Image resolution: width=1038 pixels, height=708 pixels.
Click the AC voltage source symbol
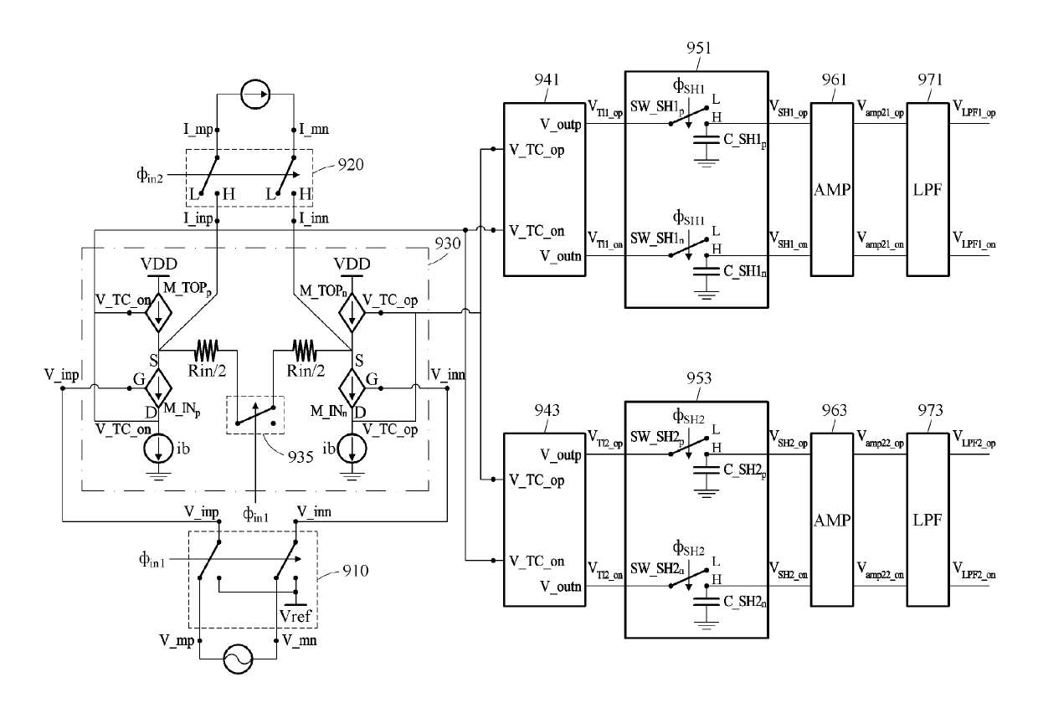(239, 659)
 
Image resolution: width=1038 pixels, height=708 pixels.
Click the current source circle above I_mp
(255, 95)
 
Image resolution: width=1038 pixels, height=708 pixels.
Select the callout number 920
(350, 165)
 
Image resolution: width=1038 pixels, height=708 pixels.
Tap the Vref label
(295, 616)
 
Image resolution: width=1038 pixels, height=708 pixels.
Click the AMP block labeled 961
(832, 189)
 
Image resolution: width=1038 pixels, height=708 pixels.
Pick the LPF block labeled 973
(928, 520)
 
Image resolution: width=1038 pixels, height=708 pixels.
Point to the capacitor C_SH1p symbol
(706, 140)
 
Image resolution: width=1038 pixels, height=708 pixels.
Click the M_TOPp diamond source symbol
(158, 313)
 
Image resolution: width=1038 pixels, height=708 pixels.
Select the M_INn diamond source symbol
(352, 387)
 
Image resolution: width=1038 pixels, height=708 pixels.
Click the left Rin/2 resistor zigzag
(206, 351)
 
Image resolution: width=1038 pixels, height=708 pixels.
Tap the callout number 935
(301, 457)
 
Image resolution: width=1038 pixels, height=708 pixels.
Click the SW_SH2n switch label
(657, 568)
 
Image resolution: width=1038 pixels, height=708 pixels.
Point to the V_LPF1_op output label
(974, 109)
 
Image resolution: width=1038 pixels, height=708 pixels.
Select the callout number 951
(699, 48)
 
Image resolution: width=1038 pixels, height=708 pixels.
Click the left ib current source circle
(158, 449)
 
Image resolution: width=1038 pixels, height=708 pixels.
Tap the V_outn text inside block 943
(560, 587)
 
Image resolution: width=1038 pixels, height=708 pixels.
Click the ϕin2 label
(150, 175)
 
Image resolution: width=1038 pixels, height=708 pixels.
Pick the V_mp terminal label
(177, 641)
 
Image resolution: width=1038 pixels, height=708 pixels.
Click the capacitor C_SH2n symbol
(706, 602)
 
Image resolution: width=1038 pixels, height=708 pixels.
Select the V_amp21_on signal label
(880, 240)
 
